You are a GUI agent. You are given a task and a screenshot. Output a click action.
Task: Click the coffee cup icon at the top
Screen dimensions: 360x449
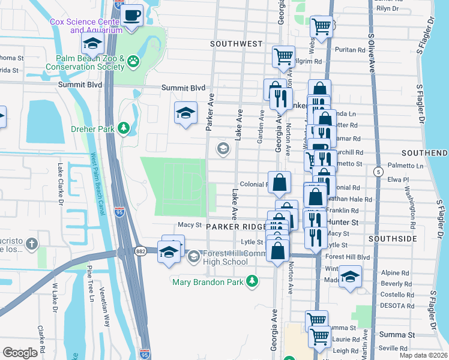click(131, 14)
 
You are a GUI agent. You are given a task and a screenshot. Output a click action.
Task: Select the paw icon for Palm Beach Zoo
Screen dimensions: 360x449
click(132, 60)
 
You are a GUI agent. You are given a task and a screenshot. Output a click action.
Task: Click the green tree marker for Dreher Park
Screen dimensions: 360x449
click(124, 127)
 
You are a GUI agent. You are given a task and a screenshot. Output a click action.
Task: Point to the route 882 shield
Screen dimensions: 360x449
click(140, 251)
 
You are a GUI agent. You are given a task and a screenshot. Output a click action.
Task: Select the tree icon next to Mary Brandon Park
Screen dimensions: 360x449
click(253, 281)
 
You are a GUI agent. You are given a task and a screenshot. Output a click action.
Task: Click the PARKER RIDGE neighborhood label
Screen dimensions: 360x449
click(236, 227)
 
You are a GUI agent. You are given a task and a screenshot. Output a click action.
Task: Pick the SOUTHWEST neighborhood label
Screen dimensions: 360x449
click(237, 44)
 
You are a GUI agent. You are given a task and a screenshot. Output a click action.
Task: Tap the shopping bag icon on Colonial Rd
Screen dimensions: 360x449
click(280, 182)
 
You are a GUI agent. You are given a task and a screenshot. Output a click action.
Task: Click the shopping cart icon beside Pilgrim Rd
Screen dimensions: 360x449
click(283, 56)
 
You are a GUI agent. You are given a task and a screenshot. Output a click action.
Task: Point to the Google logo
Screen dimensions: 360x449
click(20, 353)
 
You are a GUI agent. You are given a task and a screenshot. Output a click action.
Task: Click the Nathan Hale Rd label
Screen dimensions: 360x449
click(352, 199)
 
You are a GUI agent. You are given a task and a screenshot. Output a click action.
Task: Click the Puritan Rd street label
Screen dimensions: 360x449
click(350, 50)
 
